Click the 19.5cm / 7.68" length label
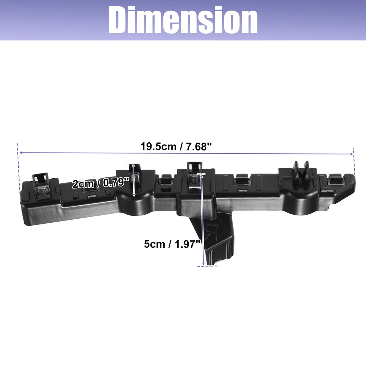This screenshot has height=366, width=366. [176, 147]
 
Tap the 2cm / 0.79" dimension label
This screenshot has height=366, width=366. [100, 183]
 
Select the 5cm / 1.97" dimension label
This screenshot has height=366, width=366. [173, 244]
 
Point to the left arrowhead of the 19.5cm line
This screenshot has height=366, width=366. [20, 153]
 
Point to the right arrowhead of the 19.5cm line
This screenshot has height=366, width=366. [352, 154]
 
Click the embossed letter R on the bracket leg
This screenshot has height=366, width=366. [211, 232]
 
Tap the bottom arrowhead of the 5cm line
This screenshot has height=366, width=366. [203, 264]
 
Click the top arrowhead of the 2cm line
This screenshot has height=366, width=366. [133, 165]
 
